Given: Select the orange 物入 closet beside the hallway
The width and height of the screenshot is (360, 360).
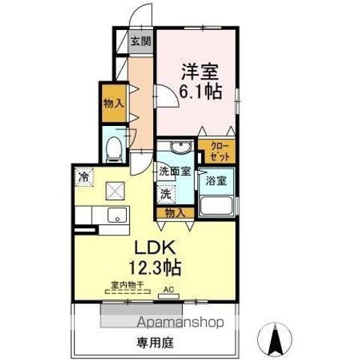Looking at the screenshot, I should [x=113, y=103].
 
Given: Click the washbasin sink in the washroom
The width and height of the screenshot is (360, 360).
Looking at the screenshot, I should [x=177, y=148].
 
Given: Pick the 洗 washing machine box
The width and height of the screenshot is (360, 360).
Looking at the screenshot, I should [x=164, y=193].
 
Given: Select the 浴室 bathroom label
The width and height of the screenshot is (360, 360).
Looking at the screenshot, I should [x=217, y=179].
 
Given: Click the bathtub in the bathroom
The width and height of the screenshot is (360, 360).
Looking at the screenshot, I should [x=218, y=204].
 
